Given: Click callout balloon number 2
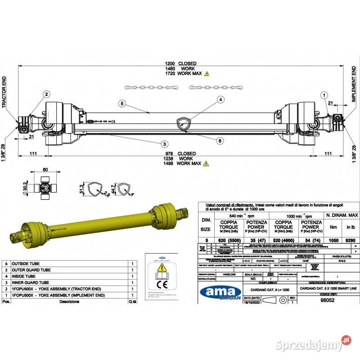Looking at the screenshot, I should (46, 94).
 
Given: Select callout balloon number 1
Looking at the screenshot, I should (323, 94).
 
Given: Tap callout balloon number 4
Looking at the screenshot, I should (220, 99).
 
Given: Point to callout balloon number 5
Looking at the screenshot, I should (122, 103).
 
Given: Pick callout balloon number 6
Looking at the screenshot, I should (220, 140).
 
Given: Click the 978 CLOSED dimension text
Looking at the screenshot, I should (180, 153).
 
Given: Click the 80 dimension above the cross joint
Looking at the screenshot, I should (45, 170).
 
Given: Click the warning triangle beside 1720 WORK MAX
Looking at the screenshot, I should (207, 73).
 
